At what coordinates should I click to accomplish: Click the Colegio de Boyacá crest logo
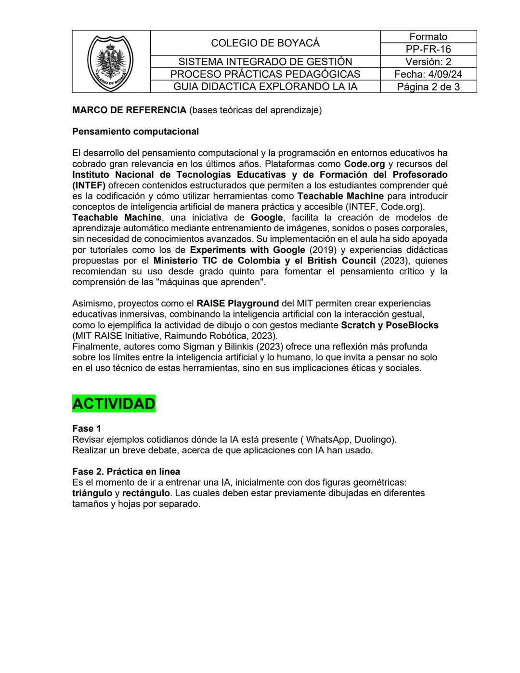coord(111,62)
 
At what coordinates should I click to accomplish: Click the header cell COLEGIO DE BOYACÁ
coord(265,43)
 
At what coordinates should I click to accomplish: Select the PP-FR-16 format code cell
coord(428,49)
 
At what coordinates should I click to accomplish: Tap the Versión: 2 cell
coord(428,62)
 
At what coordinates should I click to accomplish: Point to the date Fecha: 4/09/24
coord(428,74)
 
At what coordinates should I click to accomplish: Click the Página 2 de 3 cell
coord(428,87)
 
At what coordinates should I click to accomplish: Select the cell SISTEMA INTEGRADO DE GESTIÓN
coord(265,62)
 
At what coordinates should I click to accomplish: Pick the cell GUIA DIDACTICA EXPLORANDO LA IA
coord(265,87)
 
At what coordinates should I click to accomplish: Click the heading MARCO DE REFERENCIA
coord(129,110)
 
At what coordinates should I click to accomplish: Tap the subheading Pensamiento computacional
coord(135,132)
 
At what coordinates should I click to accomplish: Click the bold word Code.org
coord(364,164)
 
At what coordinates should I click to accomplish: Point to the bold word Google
coord(266,218)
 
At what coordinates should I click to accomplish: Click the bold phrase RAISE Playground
coord(237,304)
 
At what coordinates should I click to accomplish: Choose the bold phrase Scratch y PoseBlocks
coord(390,325)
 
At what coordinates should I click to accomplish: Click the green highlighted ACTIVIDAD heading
coord(114,404)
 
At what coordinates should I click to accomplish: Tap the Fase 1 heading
coord(87,429)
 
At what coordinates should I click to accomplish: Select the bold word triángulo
coord(92,493)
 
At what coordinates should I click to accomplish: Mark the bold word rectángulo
coord(146,493)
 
